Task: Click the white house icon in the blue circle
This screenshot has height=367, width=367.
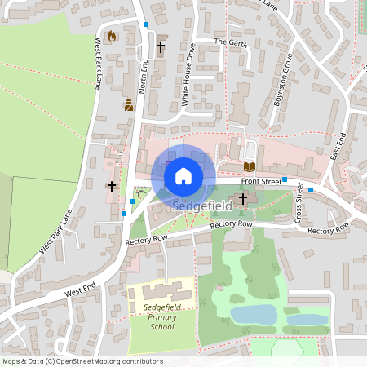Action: [x=183, y=175]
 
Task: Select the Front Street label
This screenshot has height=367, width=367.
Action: [x=261, y=181]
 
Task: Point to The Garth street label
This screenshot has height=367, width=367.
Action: [x=230, y=41]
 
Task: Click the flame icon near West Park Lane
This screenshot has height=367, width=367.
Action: [x=112, y=36]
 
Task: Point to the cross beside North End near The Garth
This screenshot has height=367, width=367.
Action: [x=161, y=48]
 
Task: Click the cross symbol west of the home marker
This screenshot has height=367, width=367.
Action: [x=112, y=187]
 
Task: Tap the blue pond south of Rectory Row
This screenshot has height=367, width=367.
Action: [x=254, y=314]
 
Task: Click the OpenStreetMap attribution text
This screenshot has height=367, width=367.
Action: [x=82, y=360]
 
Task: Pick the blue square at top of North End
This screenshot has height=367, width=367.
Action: [x=146, y=25]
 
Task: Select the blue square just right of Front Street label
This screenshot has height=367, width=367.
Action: [x=285, y=179]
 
